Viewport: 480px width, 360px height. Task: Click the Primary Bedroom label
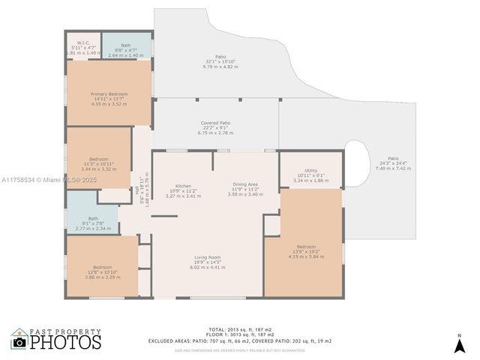109,94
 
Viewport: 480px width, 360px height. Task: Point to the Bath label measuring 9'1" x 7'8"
93,218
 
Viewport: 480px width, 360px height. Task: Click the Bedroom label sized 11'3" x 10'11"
99,159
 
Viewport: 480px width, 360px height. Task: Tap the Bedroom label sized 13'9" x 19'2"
305,247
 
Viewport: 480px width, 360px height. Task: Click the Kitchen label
183,186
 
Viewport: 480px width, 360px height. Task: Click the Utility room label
310,170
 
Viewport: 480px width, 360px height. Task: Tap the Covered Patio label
215,122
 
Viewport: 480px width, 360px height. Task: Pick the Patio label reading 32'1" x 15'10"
220,57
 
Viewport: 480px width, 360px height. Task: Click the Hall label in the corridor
137,190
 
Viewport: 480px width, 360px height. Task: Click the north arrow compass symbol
459,343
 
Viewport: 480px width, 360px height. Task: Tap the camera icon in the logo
19,342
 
